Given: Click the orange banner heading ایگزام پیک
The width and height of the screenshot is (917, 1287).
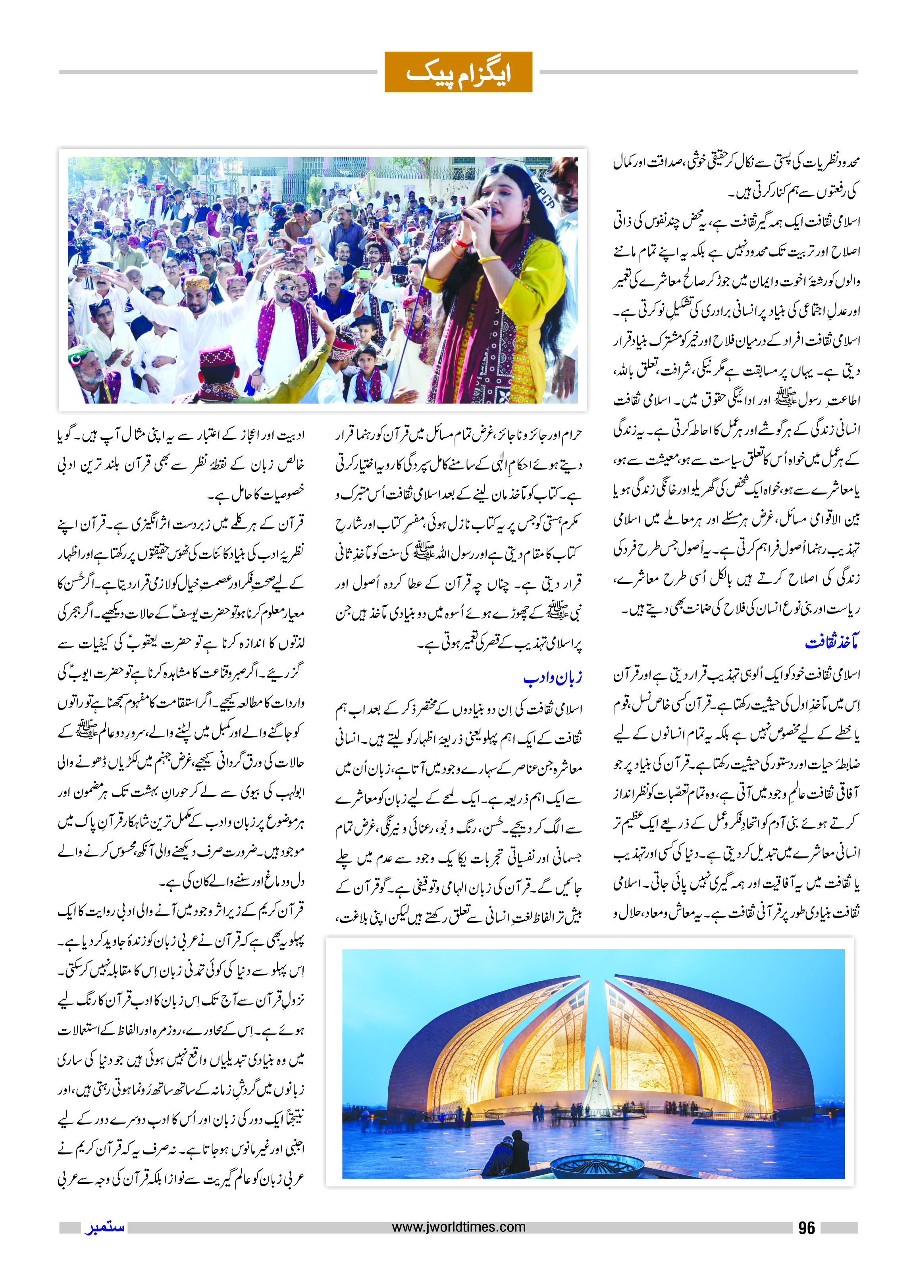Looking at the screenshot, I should coord(458,72).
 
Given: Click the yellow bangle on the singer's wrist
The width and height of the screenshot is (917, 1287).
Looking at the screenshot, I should coord(489,259).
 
